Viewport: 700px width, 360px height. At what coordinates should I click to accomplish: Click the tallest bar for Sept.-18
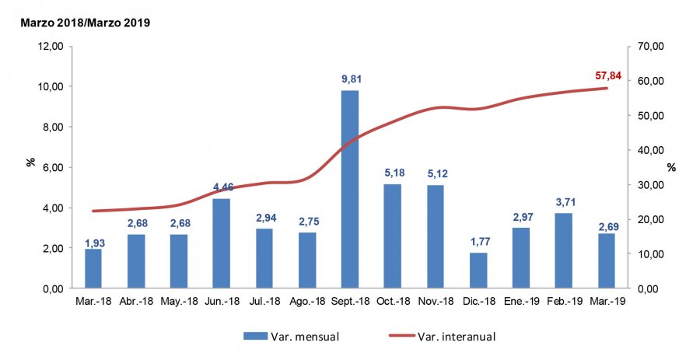coord(349,190)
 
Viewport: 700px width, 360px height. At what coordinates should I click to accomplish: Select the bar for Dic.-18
coord(478,271)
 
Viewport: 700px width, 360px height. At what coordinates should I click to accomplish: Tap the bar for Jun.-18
coord(221,243)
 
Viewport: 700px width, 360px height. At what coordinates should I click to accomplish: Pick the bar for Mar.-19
coord(606,261)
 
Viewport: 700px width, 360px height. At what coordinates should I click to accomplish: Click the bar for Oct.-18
coord(392,236)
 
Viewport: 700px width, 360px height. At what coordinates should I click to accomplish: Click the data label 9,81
coord(349,79)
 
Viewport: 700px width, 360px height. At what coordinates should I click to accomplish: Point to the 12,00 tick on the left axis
coord(51,46)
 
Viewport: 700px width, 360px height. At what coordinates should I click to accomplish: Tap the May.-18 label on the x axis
coord(178,301)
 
